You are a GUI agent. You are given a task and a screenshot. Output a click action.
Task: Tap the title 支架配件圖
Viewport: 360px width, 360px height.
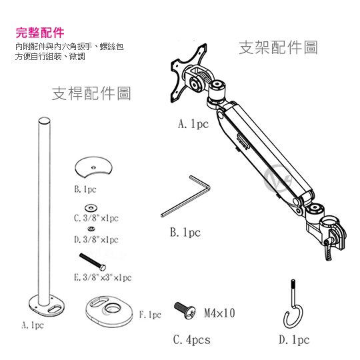pyautogui.click(x=278, y=48)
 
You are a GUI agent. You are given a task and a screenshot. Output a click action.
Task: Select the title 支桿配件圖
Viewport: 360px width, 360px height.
pyautogui.click(x=91, y=93)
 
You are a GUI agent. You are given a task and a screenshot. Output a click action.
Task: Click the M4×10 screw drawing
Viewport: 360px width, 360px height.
pyautogui.click(x=183, y=310)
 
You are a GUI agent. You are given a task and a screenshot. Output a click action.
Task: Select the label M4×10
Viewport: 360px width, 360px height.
pyautogui.click(x=219, y=313)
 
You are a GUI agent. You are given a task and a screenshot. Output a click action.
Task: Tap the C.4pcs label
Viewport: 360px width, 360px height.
pyautogui.click(x=191, y=340)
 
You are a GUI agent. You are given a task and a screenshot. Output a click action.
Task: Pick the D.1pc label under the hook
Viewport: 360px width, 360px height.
pyautogui.click(x=294, y=340)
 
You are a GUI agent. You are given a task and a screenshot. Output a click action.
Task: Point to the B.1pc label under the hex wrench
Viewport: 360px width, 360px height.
pyautogui.click(x=185, y=233)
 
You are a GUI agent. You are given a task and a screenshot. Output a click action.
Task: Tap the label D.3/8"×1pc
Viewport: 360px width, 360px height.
pyautogui.click(x=96, y=239)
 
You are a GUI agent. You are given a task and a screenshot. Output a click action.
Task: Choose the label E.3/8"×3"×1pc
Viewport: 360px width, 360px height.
pyautogui.click(x=103, y=277)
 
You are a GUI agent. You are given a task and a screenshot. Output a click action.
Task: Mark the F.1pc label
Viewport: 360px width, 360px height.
pyautogui.click(x=150, y=314)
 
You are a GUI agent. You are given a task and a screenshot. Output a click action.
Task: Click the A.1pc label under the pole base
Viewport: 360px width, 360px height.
pyautogui.click(x=33, y=326)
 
